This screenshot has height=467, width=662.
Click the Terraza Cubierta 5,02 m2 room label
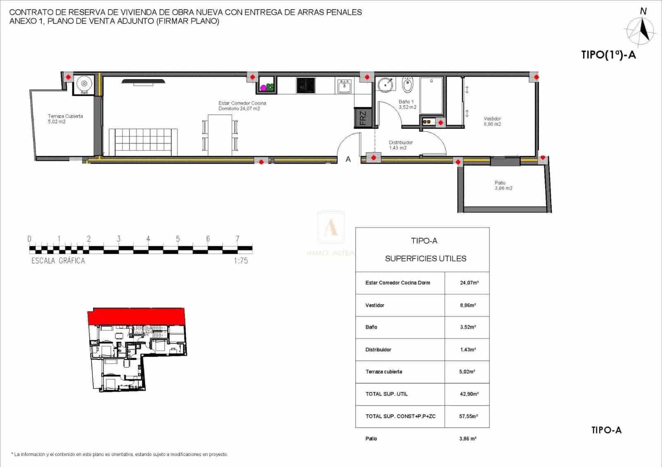[65, 119]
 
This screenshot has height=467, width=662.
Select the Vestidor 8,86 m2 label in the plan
[492, 121]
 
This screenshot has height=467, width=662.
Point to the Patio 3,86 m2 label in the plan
[503, 185]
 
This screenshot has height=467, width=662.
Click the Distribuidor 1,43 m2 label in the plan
[401, 145]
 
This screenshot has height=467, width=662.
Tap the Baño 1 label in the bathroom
[407, 104]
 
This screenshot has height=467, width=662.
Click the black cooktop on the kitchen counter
[306, 86]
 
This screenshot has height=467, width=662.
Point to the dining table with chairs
[220, 135]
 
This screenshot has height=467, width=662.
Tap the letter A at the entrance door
[348, 159]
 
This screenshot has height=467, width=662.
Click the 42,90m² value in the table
[469, 394]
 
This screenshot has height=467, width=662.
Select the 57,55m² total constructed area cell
[468, 416]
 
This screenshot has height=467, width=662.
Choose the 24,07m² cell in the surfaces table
[469, 283]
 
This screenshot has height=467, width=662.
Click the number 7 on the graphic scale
[237, 239]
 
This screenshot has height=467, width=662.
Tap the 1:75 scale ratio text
[241, 260]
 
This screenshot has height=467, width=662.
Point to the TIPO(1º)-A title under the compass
[608, 55]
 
